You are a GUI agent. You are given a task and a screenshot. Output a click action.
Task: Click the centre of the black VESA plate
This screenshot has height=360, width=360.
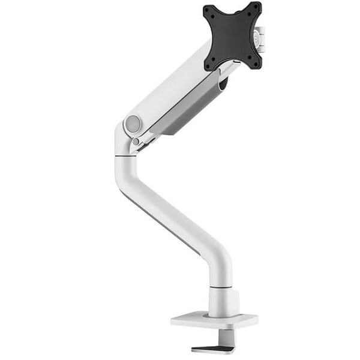(x=233, y=36)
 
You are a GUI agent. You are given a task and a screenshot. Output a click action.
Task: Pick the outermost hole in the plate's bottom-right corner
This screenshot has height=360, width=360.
(x=256, y=63)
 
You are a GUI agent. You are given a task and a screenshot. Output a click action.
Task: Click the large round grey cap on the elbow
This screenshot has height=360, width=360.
(x=133, y=124)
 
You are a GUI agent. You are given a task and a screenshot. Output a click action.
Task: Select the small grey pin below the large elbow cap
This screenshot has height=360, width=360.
(x=136, y=142)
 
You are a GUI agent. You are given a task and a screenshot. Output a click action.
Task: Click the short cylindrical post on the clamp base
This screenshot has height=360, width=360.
(x=223, y=303)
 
